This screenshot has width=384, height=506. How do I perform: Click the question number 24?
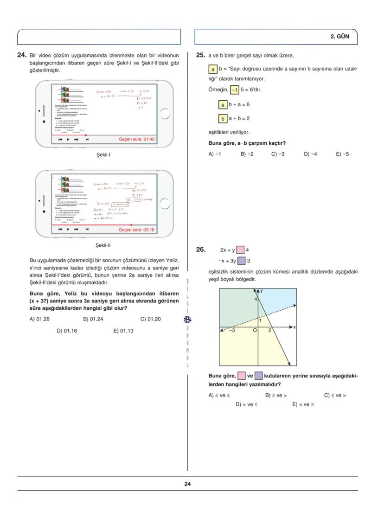21,55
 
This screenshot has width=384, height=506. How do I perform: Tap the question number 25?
200,55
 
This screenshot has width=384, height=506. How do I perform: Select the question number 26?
200,250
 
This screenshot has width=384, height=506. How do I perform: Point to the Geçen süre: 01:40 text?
137,139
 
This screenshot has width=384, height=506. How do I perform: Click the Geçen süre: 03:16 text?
137,230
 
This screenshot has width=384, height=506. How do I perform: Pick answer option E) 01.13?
123,331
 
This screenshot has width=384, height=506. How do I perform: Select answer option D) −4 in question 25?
310,154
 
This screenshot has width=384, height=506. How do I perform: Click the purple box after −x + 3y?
241,261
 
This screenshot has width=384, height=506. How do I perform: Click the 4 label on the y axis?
254,299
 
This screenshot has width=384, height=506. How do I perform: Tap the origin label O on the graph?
254,331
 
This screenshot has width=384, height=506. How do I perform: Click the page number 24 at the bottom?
187,484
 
